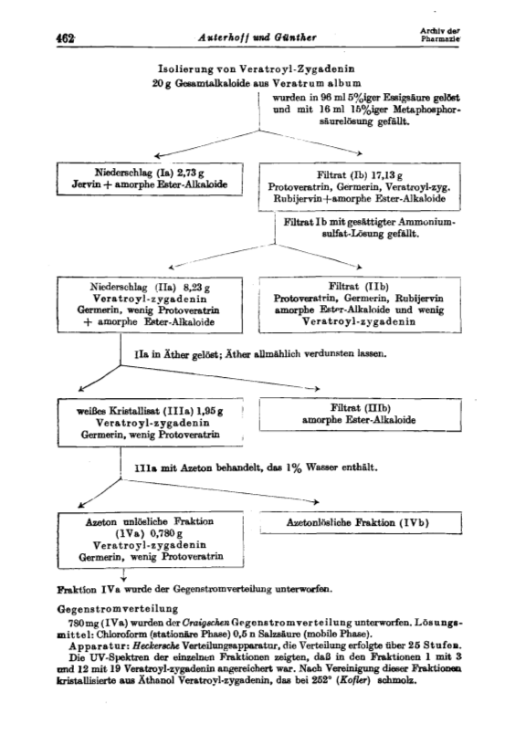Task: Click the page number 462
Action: tap(66, 37)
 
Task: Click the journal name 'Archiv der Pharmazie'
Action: tap(440, 34)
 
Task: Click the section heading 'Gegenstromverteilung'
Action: tap(118, 609)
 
